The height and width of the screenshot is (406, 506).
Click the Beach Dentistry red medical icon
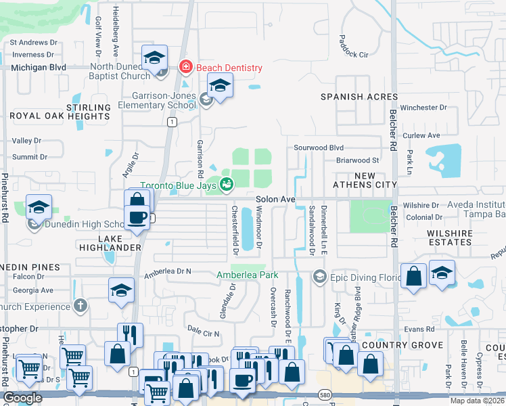(184, 67)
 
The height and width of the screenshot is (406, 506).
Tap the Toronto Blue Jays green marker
(227, 183)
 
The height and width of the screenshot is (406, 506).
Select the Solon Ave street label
(275, 199)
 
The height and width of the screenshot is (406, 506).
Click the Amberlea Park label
(247, 275)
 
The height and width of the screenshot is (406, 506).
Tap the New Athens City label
(365, 180)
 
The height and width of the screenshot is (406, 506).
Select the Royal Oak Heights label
(60, 116)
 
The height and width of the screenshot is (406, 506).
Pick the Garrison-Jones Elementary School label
(157, 101)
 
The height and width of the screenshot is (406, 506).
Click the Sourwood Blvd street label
(319, 148)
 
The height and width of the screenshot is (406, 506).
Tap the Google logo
(22, 398)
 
